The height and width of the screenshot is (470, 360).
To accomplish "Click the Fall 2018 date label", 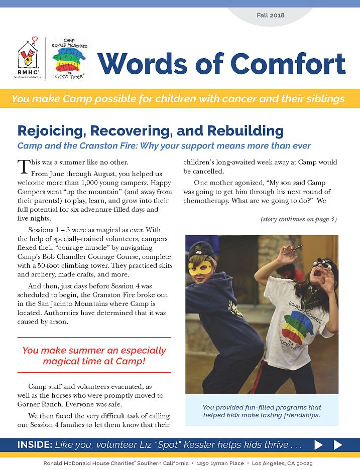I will pyautogui.click(x=271, y=15).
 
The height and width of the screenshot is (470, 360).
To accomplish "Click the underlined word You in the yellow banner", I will pyautogui.click(x=20, y=98).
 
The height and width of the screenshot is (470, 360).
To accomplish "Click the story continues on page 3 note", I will pyautogui.click(x=298, y=219).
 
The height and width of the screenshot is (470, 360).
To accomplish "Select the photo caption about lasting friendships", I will pyautogui.click(x=262, y=411).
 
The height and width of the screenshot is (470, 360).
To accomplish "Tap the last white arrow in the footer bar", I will pyautogui.click(x=338, y=445).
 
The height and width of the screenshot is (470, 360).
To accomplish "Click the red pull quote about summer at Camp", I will pyautogui.click(x=94, y=356).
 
